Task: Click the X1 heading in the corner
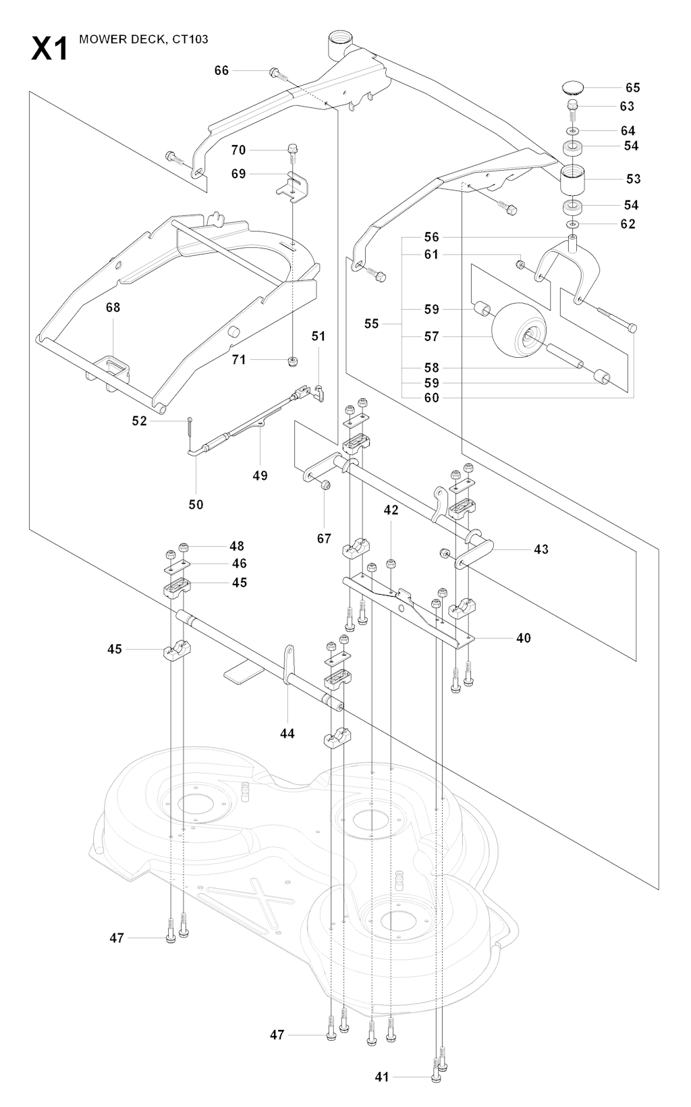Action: [49, 49]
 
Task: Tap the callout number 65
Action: [632, 88]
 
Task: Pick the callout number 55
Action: [372, 324]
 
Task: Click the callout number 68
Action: [113, 307]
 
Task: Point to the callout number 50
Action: [196, 504]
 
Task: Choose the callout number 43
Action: [541, 549]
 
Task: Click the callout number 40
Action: [523, 638]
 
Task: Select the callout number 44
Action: [287, 733]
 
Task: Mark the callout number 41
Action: [383, 1077]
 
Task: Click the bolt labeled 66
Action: [275, 72]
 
